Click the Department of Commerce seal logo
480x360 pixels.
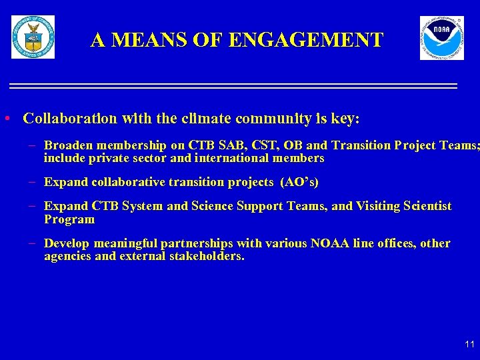33,37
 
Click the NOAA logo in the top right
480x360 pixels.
441,38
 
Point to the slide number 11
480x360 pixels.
469,344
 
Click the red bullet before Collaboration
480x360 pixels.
7,119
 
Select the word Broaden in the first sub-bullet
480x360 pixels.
68,145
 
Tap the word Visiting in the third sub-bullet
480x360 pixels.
377,206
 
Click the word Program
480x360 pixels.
69,219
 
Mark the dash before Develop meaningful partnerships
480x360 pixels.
34,243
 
